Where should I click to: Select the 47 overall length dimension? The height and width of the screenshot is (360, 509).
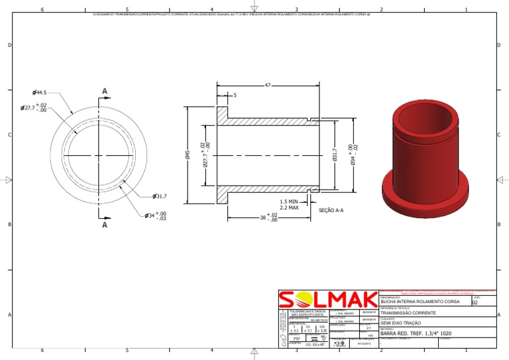click(x=267, y=86)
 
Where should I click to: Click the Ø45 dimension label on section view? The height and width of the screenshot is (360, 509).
click(x=188, y=155)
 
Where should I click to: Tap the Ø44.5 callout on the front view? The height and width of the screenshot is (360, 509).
click(x=40, y=93)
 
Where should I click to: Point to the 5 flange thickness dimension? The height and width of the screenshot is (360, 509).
click(x=234, y=95)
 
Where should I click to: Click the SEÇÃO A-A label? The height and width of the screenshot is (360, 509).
click(x=331, y=210)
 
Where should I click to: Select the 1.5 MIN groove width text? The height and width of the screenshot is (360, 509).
click(x=289, y=202)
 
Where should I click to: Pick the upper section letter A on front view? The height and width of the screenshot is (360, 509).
click(x=105, y=91)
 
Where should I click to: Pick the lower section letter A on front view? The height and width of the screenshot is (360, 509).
click(x=105, y=225)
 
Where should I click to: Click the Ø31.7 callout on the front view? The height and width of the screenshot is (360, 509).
click(x=159, y=196)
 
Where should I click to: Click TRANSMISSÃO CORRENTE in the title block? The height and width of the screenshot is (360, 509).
click(x=408, y=312)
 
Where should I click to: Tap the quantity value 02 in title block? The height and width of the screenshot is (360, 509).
click(x=475, y=302)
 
